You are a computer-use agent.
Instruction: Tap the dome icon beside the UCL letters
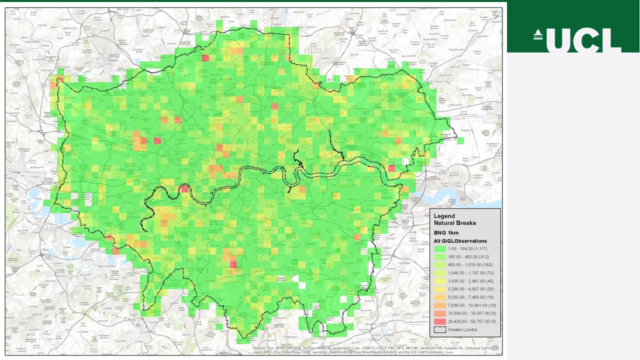tap(538, 35)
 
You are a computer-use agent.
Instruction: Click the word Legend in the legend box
tap(444, 216)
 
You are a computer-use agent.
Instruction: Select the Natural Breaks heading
tap(454, 223)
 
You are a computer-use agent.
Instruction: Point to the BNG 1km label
tap(446, 232)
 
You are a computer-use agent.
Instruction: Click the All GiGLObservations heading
tap(460, 241)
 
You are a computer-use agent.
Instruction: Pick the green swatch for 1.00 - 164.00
tap(440, 248)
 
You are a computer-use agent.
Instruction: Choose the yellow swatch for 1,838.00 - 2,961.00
tap(440, 281)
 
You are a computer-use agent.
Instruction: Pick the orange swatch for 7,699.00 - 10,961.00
tap(440, 305)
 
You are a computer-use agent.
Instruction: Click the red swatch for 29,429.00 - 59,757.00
tap(440, 321)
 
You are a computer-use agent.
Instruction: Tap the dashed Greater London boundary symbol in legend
tap(440, 329)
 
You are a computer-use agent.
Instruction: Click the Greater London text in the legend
tap(462, 329)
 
